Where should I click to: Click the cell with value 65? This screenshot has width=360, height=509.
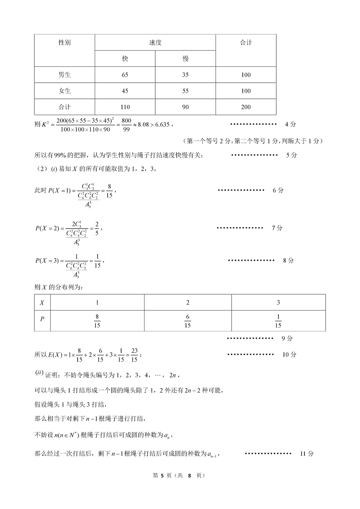pos(125,75)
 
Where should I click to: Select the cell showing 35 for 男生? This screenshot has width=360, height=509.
pos(185,75)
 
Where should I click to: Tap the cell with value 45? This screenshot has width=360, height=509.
pos(125,91)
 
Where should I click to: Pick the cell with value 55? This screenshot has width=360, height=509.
pos(185,91)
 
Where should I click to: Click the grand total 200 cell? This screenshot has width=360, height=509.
pos(246,107)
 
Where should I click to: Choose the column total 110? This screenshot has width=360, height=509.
pos(125,107)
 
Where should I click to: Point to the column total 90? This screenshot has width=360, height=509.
pos(185,107)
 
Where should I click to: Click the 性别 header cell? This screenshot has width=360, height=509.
pos(64,42)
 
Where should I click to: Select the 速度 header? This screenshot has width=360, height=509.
pos(155,42)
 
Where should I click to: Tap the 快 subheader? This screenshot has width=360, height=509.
pos(125,58)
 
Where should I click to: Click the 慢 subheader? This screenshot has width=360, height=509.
pos(185,58)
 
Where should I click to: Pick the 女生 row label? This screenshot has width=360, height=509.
pos(64,91)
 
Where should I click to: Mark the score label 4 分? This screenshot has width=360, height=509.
pos(290,124)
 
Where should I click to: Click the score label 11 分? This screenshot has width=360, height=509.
pos(306,453)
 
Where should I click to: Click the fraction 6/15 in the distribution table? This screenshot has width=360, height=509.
pos(187,321)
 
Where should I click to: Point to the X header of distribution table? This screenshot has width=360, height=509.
pos(42,302)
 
